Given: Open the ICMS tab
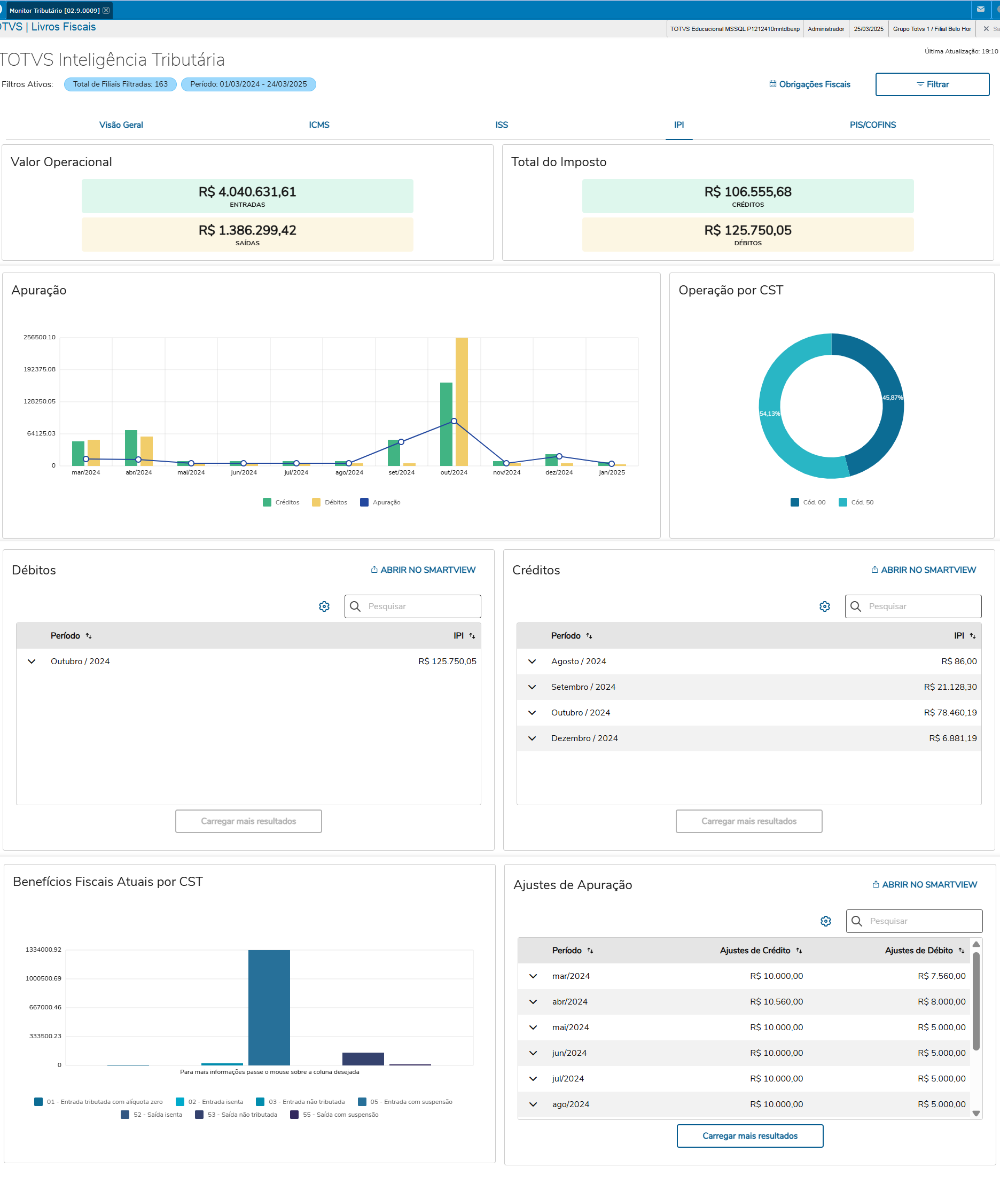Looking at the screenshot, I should [318, 124].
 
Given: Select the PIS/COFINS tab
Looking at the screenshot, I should [872, 124].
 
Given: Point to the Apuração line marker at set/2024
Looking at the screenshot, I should [401, 441].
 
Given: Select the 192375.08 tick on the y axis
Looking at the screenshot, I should [40, 369].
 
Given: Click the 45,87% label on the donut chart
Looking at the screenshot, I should [892, 398].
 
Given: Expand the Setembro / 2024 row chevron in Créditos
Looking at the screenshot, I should [532, 687].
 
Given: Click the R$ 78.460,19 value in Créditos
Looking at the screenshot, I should [950, 712].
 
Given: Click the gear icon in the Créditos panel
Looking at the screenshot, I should [824, 606].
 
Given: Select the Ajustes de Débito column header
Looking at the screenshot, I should [918, 950].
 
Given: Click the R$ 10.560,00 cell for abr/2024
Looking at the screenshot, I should [776, 1001].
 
